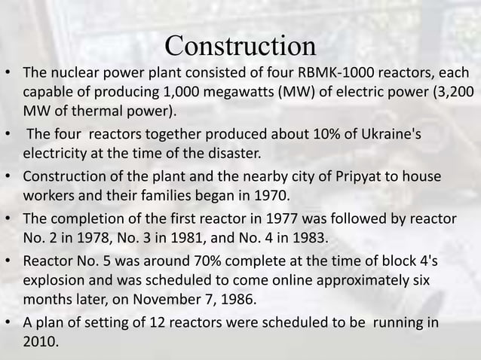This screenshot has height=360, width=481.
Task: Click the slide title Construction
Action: click(x=240, y=46)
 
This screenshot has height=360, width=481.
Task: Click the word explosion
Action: click(x=56, y=282)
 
